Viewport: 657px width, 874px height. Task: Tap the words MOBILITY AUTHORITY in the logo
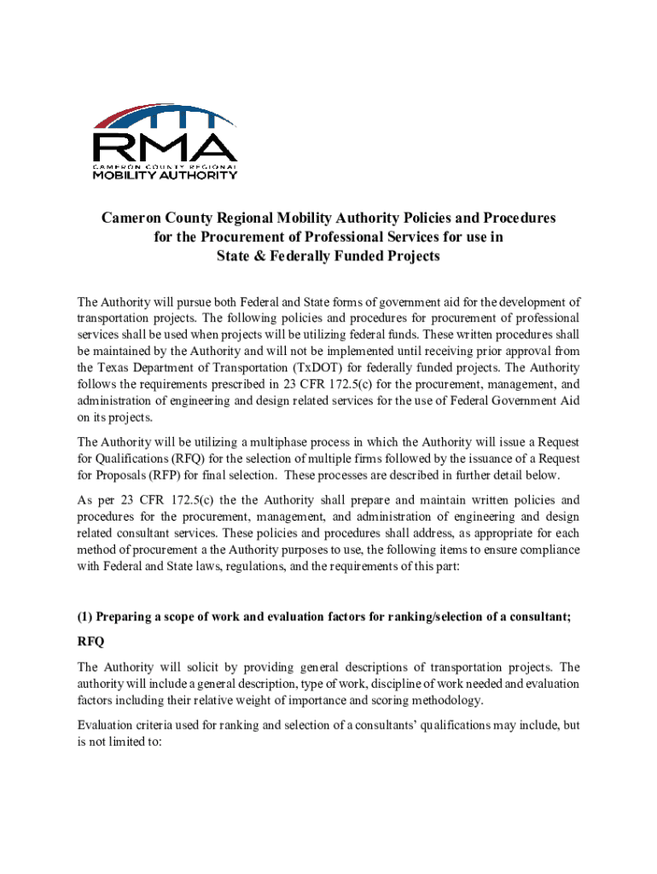coord(164,175)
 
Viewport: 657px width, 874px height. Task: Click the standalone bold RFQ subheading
coord(91,641)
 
